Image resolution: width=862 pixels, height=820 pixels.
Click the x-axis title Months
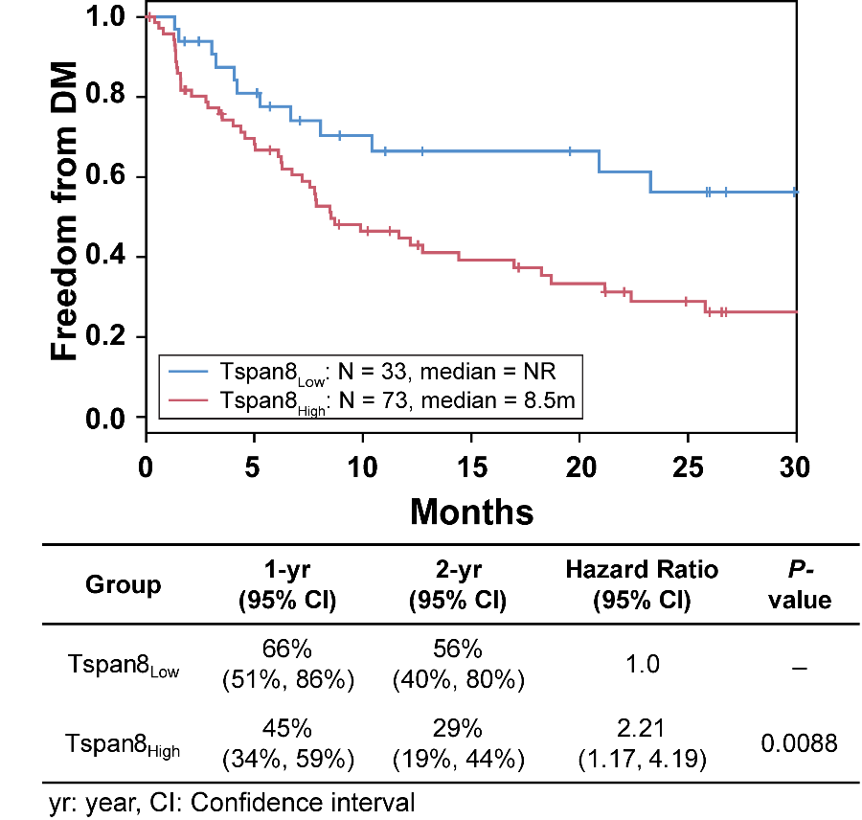(471, 512)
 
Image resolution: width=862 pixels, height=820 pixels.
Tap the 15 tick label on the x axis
(471, 468)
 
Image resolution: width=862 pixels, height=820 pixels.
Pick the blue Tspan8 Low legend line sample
(190, 370)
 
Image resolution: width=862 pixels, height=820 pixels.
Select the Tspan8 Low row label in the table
(123, 664)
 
